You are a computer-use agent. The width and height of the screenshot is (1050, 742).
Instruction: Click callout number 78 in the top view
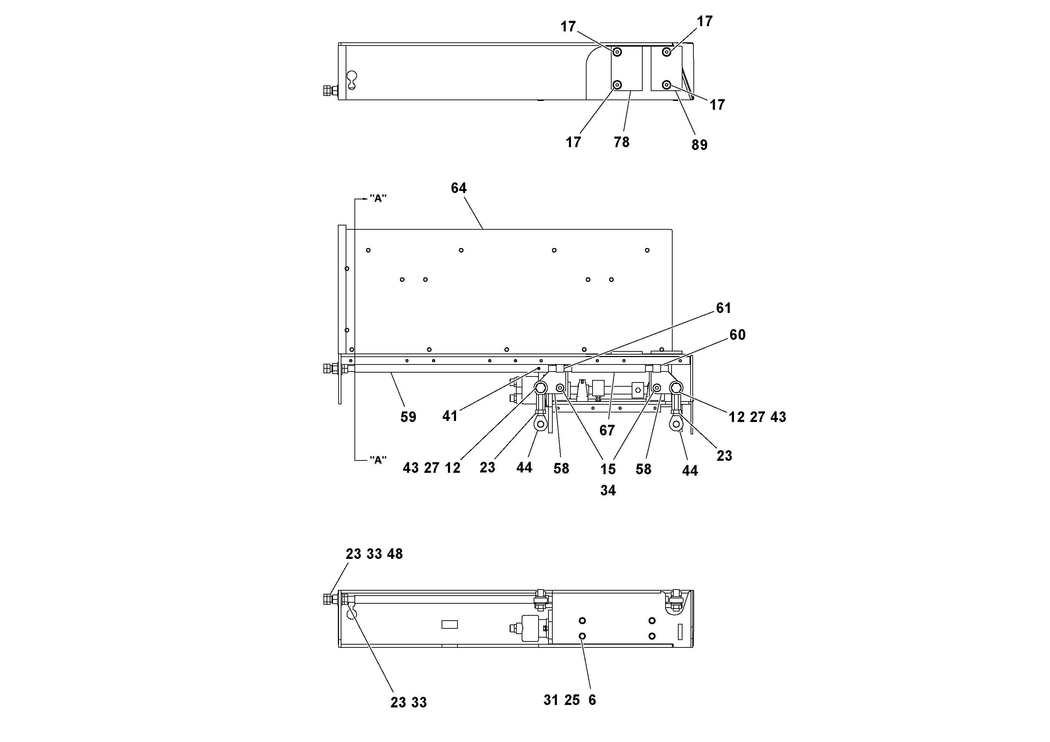tap(621, 142)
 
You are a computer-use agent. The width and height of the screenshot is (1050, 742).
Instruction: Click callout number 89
tap(699, 145)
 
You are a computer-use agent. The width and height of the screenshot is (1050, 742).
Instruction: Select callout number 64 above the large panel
tap(459, 188)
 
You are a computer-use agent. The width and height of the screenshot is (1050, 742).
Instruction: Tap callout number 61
tap(723, 308)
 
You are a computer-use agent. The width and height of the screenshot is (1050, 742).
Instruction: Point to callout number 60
tap(737, 335)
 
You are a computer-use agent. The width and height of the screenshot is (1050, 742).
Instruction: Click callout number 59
tap(408, 417)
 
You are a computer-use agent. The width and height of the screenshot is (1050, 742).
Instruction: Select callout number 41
tap(450, 416)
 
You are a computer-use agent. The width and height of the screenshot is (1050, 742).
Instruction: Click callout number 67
tap(607, 430)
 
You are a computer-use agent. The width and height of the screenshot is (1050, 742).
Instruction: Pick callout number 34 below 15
tap(608, 490)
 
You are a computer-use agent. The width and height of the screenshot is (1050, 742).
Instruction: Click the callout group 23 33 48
tap(374, 554)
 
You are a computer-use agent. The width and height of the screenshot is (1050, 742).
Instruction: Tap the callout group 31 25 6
tap(569, 700)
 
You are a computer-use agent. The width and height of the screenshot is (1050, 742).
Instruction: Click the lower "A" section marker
tap(378, 460)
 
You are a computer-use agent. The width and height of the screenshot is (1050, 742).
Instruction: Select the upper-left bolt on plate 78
tap(617, 52)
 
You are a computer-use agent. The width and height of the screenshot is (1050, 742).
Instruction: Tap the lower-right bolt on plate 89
tap(667, 85)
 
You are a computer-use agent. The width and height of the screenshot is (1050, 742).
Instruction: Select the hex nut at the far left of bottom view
tap(327, 599)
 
